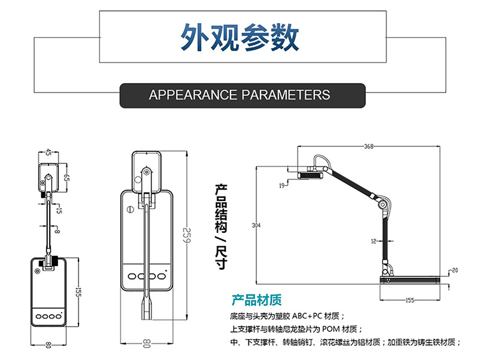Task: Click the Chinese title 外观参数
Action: [240, 38]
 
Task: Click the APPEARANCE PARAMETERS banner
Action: [242, 95]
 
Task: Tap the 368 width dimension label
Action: [369, 146]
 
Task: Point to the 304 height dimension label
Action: [256, 225]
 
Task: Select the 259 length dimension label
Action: [186, 235]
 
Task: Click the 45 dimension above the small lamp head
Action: [48, 153]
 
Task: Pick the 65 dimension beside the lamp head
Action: [66, 177]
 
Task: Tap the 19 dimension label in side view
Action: [282, 185]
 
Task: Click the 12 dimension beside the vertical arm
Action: [374, 241]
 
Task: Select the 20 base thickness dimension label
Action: [455, 270]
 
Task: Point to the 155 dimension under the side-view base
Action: [409, 300]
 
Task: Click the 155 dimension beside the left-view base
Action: [78, 292]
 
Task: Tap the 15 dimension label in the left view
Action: [59, 211]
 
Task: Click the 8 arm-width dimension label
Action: [57, 231]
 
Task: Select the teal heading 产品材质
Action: [257, 300]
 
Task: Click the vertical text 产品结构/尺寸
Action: [221, 227]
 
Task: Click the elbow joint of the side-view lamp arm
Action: [381, 204]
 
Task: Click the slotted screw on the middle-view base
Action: [130, 210]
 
